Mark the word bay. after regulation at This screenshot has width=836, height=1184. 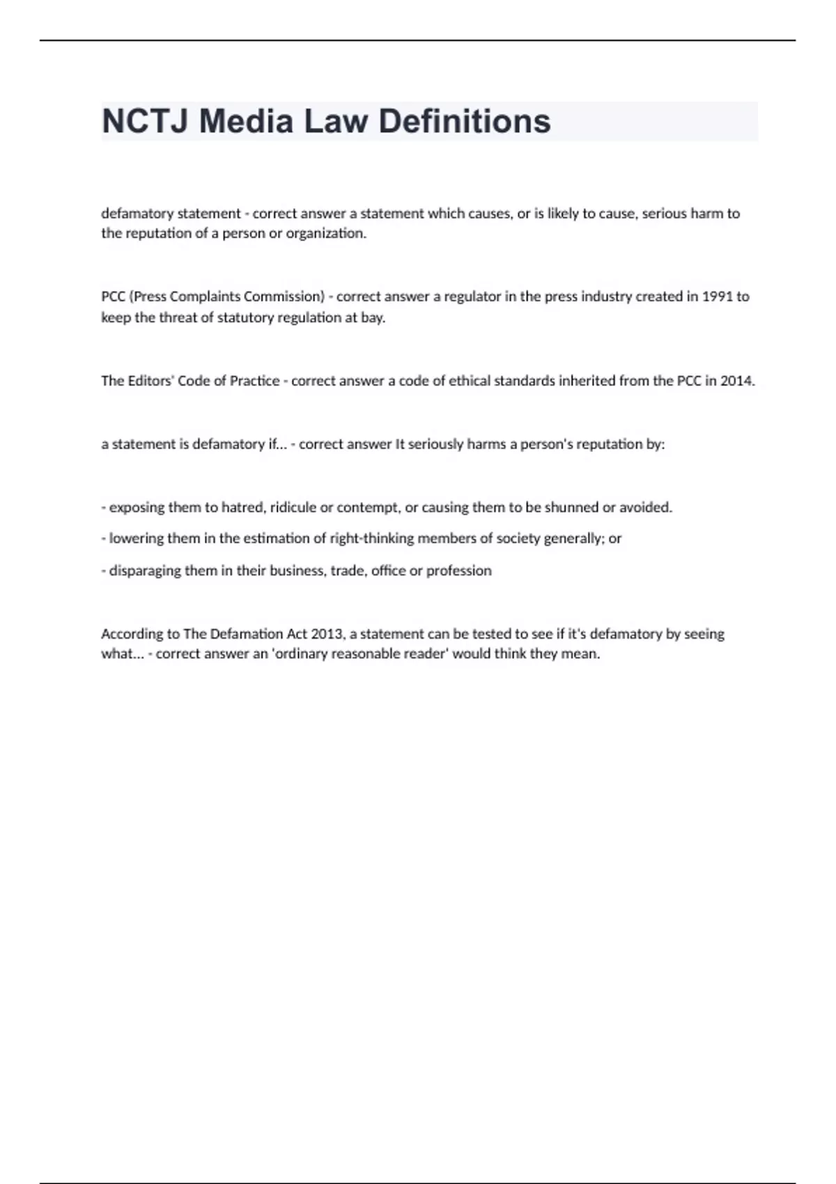click(373, 318)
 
